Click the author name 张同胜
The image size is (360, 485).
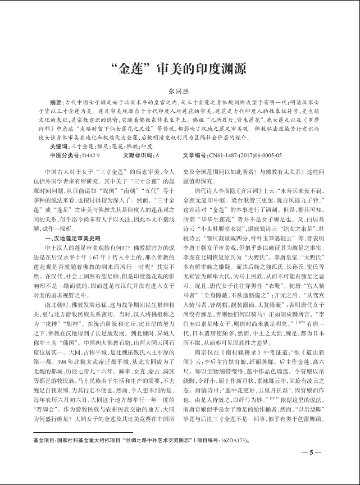coord(180,90)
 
